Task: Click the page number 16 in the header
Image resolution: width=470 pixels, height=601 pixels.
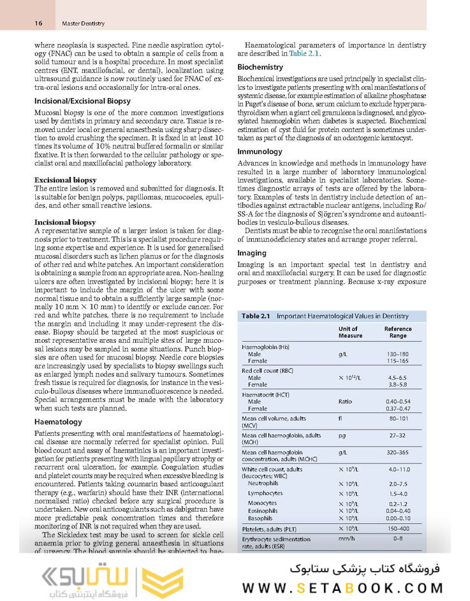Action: click(x=38, y=24)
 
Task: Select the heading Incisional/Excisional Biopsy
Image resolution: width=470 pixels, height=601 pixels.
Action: click(x=82, y=101)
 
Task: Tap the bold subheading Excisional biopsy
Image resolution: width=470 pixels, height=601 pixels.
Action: click(x=65, y=180)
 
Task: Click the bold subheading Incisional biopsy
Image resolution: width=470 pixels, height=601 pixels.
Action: click(x=65, y=222)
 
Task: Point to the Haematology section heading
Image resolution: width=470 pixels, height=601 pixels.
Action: click(x=58, y=422)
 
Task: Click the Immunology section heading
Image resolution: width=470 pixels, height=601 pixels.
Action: click(x=260, y=152)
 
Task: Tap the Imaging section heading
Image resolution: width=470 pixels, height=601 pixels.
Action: click(x=253, y=253)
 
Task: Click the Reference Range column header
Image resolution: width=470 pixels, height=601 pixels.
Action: click(x=397, y=332)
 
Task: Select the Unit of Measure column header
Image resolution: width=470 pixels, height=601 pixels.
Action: click(x=350, y=332)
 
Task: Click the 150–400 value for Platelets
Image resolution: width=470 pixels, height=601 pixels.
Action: click(x=397, y=528)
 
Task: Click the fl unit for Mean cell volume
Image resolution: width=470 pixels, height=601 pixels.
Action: click(x=341, y=419)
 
